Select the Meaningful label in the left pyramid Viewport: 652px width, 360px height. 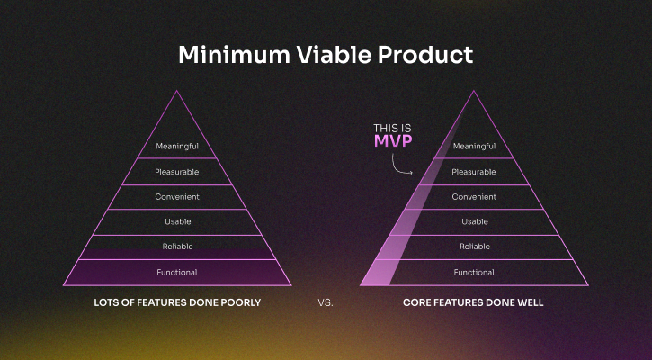177,147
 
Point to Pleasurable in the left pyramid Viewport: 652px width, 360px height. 177,172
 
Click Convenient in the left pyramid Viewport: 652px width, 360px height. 177,197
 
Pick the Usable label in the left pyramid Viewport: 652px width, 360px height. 177,221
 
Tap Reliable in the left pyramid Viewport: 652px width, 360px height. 177,247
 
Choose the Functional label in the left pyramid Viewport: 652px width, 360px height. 177,272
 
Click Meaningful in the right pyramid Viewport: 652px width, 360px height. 474,147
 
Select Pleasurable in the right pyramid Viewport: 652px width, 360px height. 474,172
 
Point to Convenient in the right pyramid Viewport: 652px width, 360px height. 474,197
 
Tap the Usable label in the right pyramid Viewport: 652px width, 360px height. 474,221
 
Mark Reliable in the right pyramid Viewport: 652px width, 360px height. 474,247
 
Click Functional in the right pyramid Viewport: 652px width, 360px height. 474,272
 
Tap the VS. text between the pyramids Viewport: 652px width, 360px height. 326,303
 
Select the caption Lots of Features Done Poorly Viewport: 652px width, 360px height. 177,303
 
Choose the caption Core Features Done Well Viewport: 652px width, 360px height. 473,303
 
